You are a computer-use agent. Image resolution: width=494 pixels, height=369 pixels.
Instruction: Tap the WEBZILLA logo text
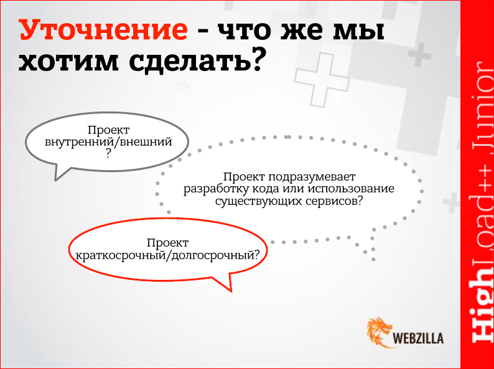point(419,338)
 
